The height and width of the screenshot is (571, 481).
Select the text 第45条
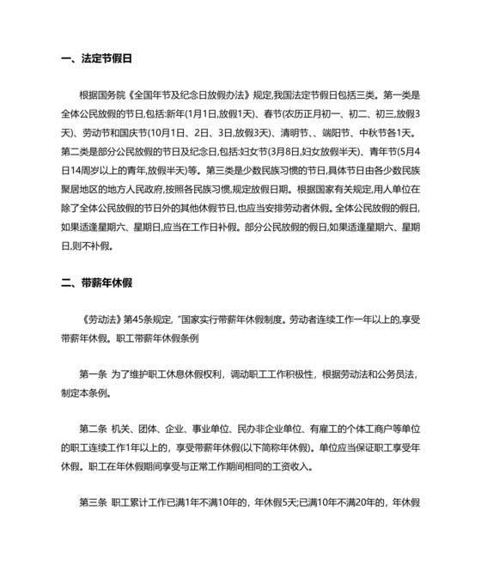pos(138,319)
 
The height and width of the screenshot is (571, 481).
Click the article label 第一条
pos(95,374)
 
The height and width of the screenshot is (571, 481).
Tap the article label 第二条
pos(95,428)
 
